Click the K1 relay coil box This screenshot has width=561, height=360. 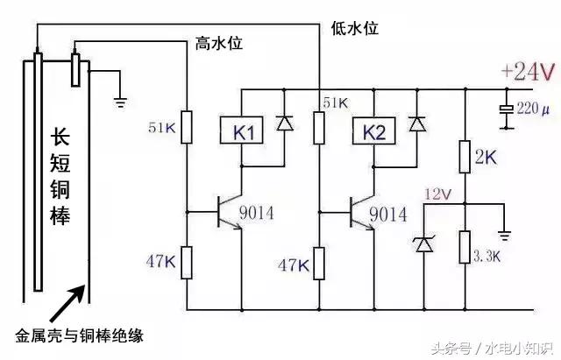pos(243,133)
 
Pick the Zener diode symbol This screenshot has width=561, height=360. pos(423,243)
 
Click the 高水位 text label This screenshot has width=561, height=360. pos(217,43)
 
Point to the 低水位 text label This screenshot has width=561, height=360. pos(354,28)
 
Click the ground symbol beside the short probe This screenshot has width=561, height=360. pos(119,101)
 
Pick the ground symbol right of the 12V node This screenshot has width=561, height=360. pos(504,235)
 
